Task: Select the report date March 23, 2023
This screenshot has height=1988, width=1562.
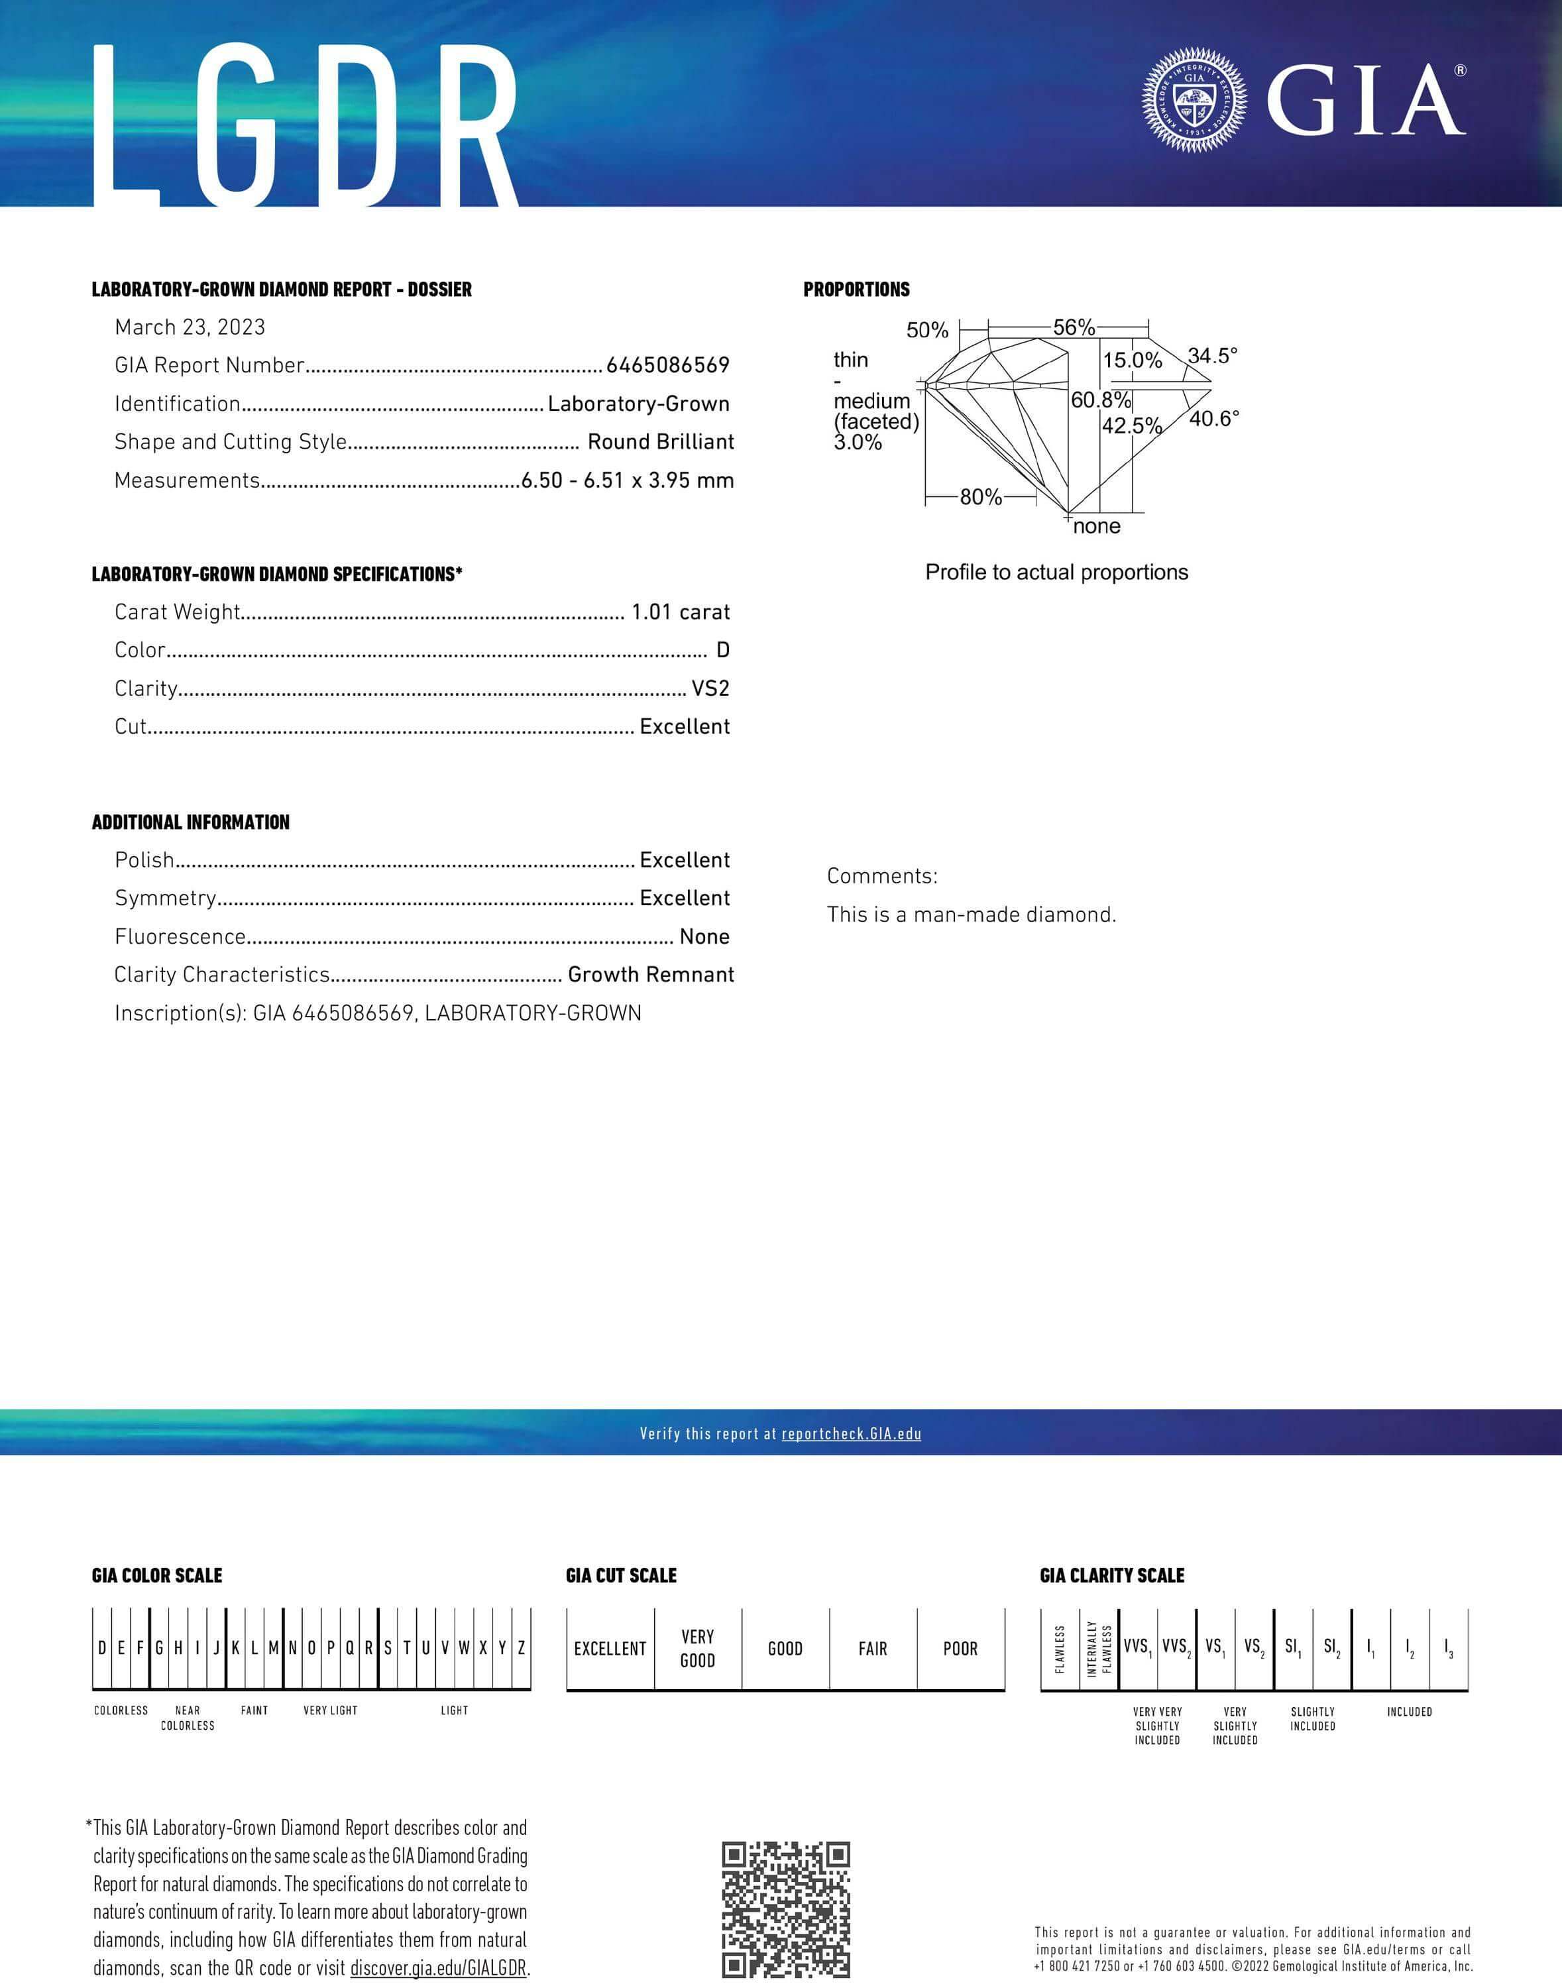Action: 190,327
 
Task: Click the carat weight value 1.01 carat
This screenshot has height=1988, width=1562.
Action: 681,612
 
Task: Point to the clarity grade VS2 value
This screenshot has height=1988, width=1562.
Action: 710,689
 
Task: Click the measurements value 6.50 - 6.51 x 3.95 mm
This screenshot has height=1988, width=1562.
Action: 628,480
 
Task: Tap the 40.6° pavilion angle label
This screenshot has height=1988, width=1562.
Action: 1213,419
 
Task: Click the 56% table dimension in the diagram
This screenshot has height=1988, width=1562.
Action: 1074,327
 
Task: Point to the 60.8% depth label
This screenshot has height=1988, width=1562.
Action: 1100,400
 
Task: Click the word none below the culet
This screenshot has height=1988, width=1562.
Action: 1097,527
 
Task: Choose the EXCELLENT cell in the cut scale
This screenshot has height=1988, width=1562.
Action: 610,1649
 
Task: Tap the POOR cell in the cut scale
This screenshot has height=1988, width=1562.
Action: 960,1649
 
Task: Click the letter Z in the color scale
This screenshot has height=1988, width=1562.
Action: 522,1648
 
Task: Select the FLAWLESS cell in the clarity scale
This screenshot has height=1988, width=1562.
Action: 1060,1649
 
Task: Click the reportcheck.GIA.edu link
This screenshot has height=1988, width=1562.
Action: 852,1434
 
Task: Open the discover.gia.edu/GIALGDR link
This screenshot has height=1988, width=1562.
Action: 438,1968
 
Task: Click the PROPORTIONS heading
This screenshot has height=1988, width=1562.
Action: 856,290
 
